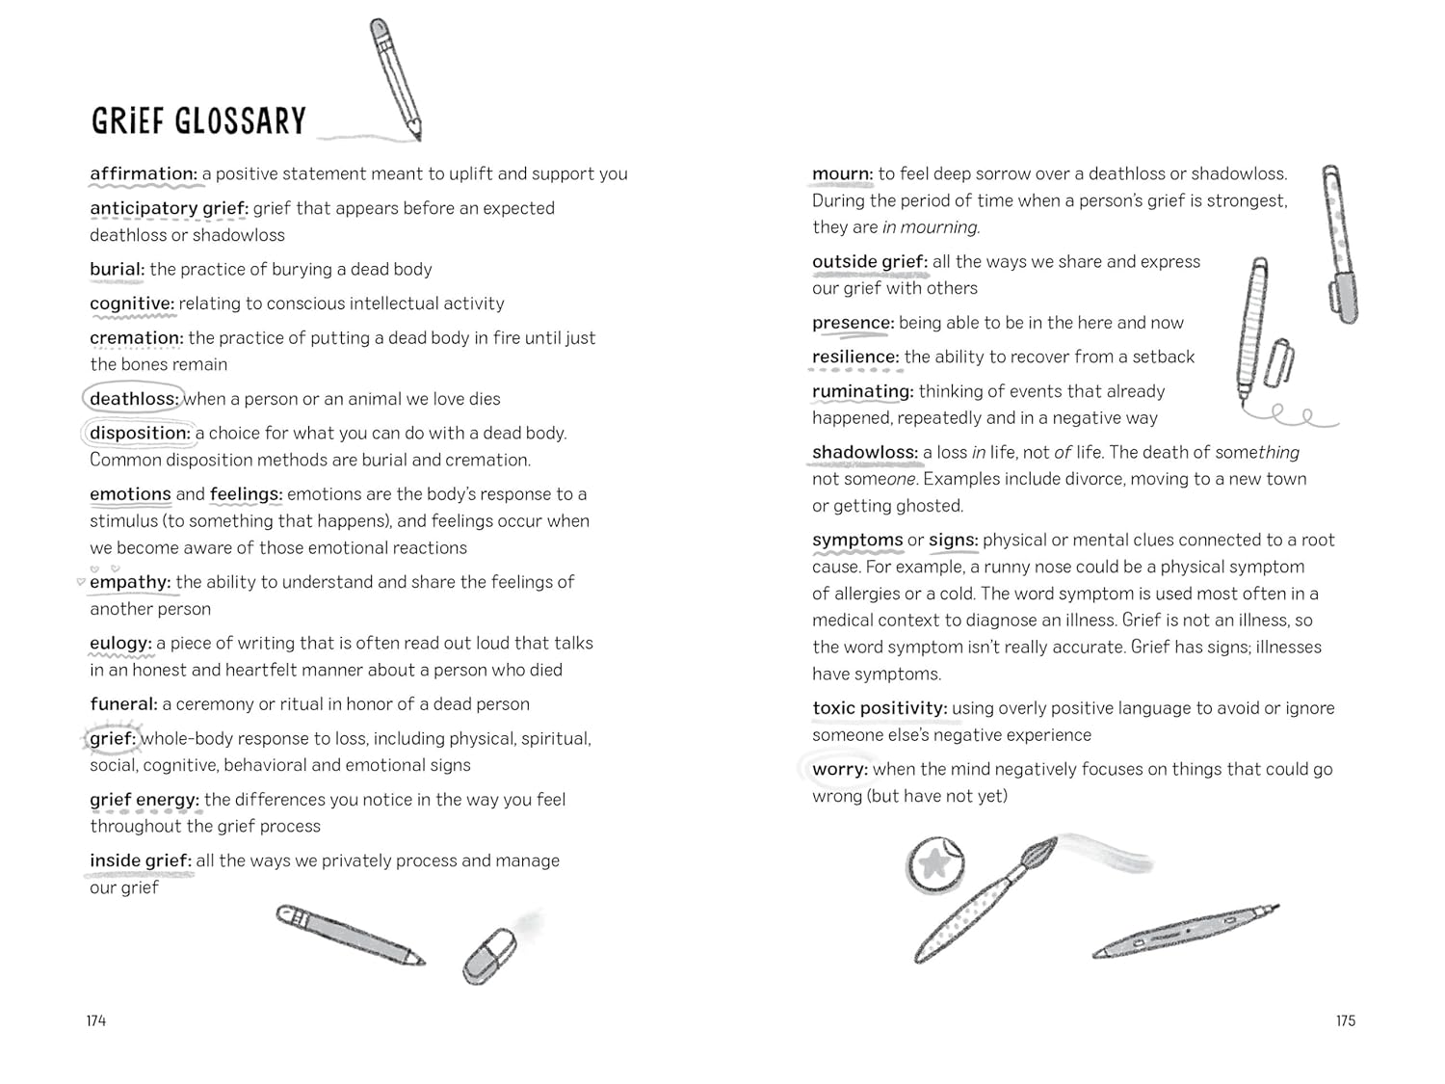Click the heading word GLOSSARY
click(x=241, y=121)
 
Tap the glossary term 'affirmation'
click(x=143, y=173)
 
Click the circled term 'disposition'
click(x=140, y=434)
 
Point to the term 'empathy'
click(x=129, y=582)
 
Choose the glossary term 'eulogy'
click(x=120, y=643)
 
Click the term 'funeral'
click(x=123, y=704)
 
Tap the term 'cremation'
click(x=136, y=338)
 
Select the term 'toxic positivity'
click(x=879, y=708)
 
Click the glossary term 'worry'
click(x=839, y=769)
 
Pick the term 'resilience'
click(x=854, y=357)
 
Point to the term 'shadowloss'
click(x=864, y=452)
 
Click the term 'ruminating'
click(x=862, y=391)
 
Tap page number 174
click(x=96, y=1020)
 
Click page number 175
click(x=1345, y=1020)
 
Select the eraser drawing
click(x=490, y=955)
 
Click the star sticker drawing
click(x=934, y=863)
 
